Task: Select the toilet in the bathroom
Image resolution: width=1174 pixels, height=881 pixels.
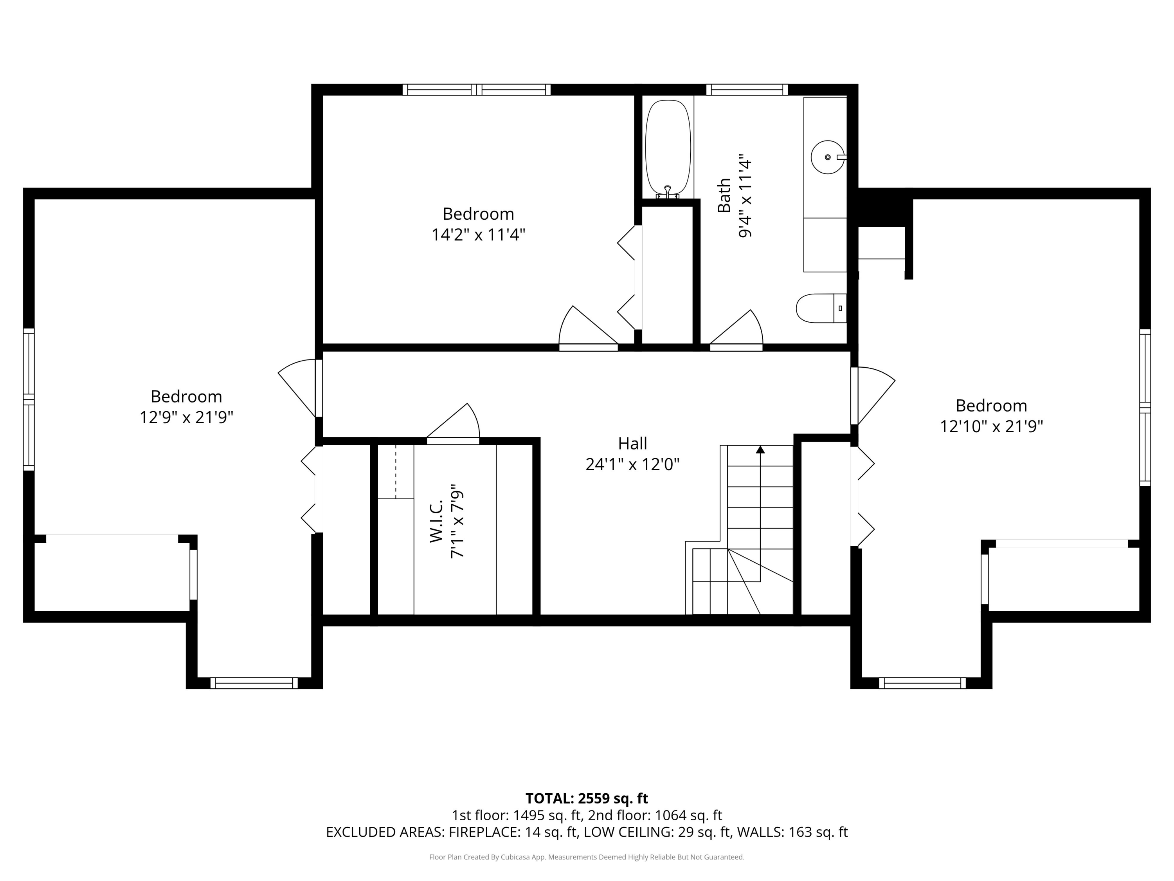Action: click(x=821, y=308)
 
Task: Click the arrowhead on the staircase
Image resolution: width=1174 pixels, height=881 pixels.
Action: click(x=760, y=449)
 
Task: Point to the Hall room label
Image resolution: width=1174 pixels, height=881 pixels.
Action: click(x=632, y=443)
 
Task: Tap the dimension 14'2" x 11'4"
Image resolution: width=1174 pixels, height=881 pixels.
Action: click(x=478, y=235)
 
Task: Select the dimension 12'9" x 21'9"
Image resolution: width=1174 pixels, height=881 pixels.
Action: click(x=186, y=417)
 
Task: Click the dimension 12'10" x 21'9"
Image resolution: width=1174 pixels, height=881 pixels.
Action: click(x=991, y=426)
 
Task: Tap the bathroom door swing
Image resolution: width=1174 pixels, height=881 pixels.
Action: click(x=736, y=329)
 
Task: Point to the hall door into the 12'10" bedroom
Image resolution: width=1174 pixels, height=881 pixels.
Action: click(x=873, y=395)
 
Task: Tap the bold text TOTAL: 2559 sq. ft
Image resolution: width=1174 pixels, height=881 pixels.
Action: click(x=587, y=798)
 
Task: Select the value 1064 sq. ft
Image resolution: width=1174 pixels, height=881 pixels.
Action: click(x=688, y=815)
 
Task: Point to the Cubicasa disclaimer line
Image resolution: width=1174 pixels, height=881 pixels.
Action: click(x=587, y=857)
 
